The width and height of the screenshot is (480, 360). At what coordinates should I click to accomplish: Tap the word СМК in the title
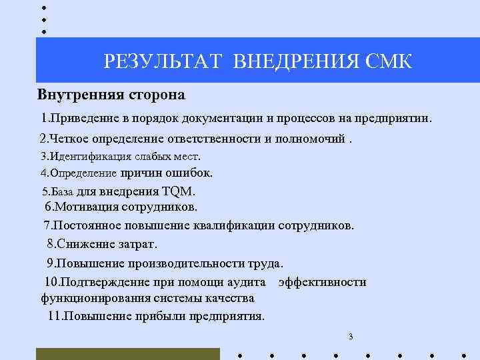coord(389,62)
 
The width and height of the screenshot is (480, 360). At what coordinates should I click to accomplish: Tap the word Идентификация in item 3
coord(83,157)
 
